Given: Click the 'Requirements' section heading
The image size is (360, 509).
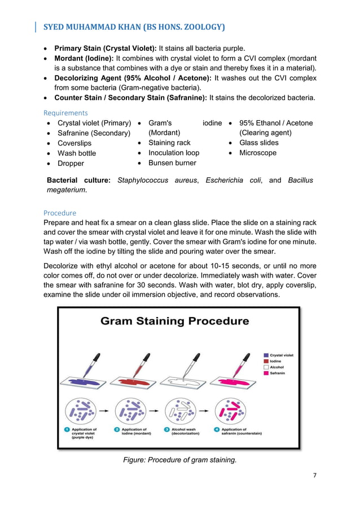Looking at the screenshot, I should pos(65,113).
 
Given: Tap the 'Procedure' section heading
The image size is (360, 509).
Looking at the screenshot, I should pos(60,213).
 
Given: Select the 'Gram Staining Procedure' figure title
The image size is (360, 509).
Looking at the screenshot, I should pos(174,321).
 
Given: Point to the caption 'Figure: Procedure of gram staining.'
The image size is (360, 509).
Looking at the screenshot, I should pos(179,460).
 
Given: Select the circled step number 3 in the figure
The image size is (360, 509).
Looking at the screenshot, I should pos(167,430).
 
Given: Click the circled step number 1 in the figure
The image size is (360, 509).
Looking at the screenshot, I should pos(67,430).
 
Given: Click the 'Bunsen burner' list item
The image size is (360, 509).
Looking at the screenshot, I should pos(172,163).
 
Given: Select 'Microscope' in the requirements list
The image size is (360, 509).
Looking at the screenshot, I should pos(258,153).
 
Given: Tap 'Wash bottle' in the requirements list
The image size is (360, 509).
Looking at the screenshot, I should pos(77,153).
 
